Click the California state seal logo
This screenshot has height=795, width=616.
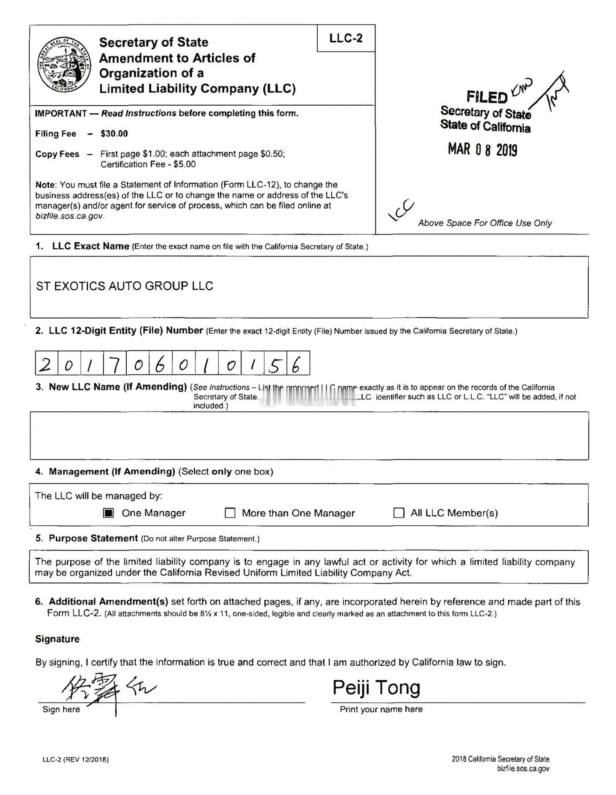click(x=64, y=64)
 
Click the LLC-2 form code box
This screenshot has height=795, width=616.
click(x=346, y=39)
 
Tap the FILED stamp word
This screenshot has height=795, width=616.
click(x=487, y=97)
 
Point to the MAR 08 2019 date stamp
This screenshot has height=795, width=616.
click(x=482, y=150)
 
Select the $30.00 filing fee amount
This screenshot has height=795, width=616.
click(x=114, y=134)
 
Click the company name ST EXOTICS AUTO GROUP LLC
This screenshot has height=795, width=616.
click(x=125, y=286)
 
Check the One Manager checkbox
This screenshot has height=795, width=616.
click(x=109, y=513)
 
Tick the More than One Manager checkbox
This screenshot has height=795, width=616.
click(x=230, y=513)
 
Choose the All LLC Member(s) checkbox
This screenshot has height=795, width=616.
click(x=399, y=513)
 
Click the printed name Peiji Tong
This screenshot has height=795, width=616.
click(x=376, y=688)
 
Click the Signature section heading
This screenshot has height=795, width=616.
click(x=57, y=639)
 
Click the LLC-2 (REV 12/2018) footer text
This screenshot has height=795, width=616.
click(x=75, y=760)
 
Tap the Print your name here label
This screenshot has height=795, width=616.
click(x=381, y=709)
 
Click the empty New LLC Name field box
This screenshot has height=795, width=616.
click(x=309, y=435)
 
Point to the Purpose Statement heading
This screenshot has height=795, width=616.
click(x=93, y=538)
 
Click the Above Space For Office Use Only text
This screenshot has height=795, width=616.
click(x=485, y=223)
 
